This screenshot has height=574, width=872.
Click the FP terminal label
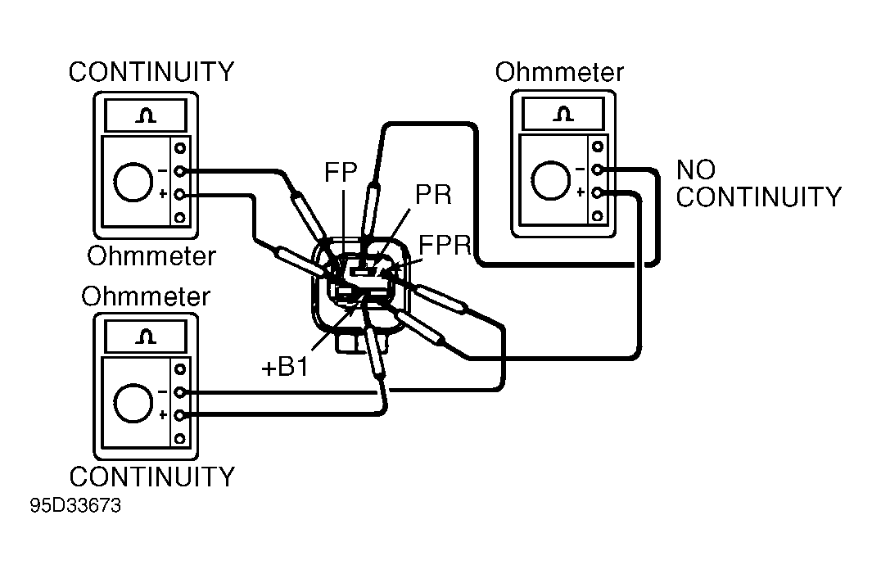[x=341, y=173]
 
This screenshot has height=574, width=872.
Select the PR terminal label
[x=433, y=195]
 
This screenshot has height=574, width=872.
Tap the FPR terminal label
[x=445, y=246]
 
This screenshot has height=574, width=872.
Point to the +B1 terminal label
[x=284, y=367]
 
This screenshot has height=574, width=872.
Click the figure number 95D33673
[x=75, y=505]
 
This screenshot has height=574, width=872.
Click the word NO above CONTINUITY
[x=695, y=169]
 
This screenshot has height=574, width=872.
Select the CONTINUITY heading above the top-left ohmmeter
[x=151, y=72]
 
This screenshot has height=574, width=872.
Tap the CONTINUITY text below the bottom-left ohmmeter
[x=151, y=477]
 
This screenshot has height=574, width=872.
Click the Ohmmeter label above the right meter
[x=559, y=72]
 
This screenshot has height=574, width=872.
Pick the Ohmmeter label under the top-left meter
[x=151, y=256]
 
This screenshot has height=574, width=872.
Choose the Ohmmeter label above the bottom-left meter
[x=146, y=296]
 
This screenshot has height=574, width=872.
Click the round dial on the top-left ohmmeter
[x=133, y=182]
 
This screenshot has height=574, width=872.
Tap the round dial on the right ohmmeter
[x=551, y=180]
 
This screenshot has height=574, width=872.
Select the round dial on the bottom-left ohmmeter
[x=133, y=403]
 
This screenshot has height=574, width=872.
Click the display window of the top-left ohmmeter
[x=146, y=115]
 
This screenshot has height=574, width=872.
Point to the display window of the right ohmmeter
[x=563, y=114]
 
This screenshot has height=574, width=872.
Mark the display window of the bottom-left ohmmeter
[x=146, y=337]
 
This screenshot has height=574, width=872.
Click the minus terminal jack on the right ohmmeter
[x=597, y=169]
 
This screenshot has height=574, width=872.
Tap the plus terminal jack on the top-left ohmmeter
[x=179, y=195]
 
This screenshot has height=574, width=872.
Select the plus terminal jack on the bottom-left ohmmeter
[x=179, y=415]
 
